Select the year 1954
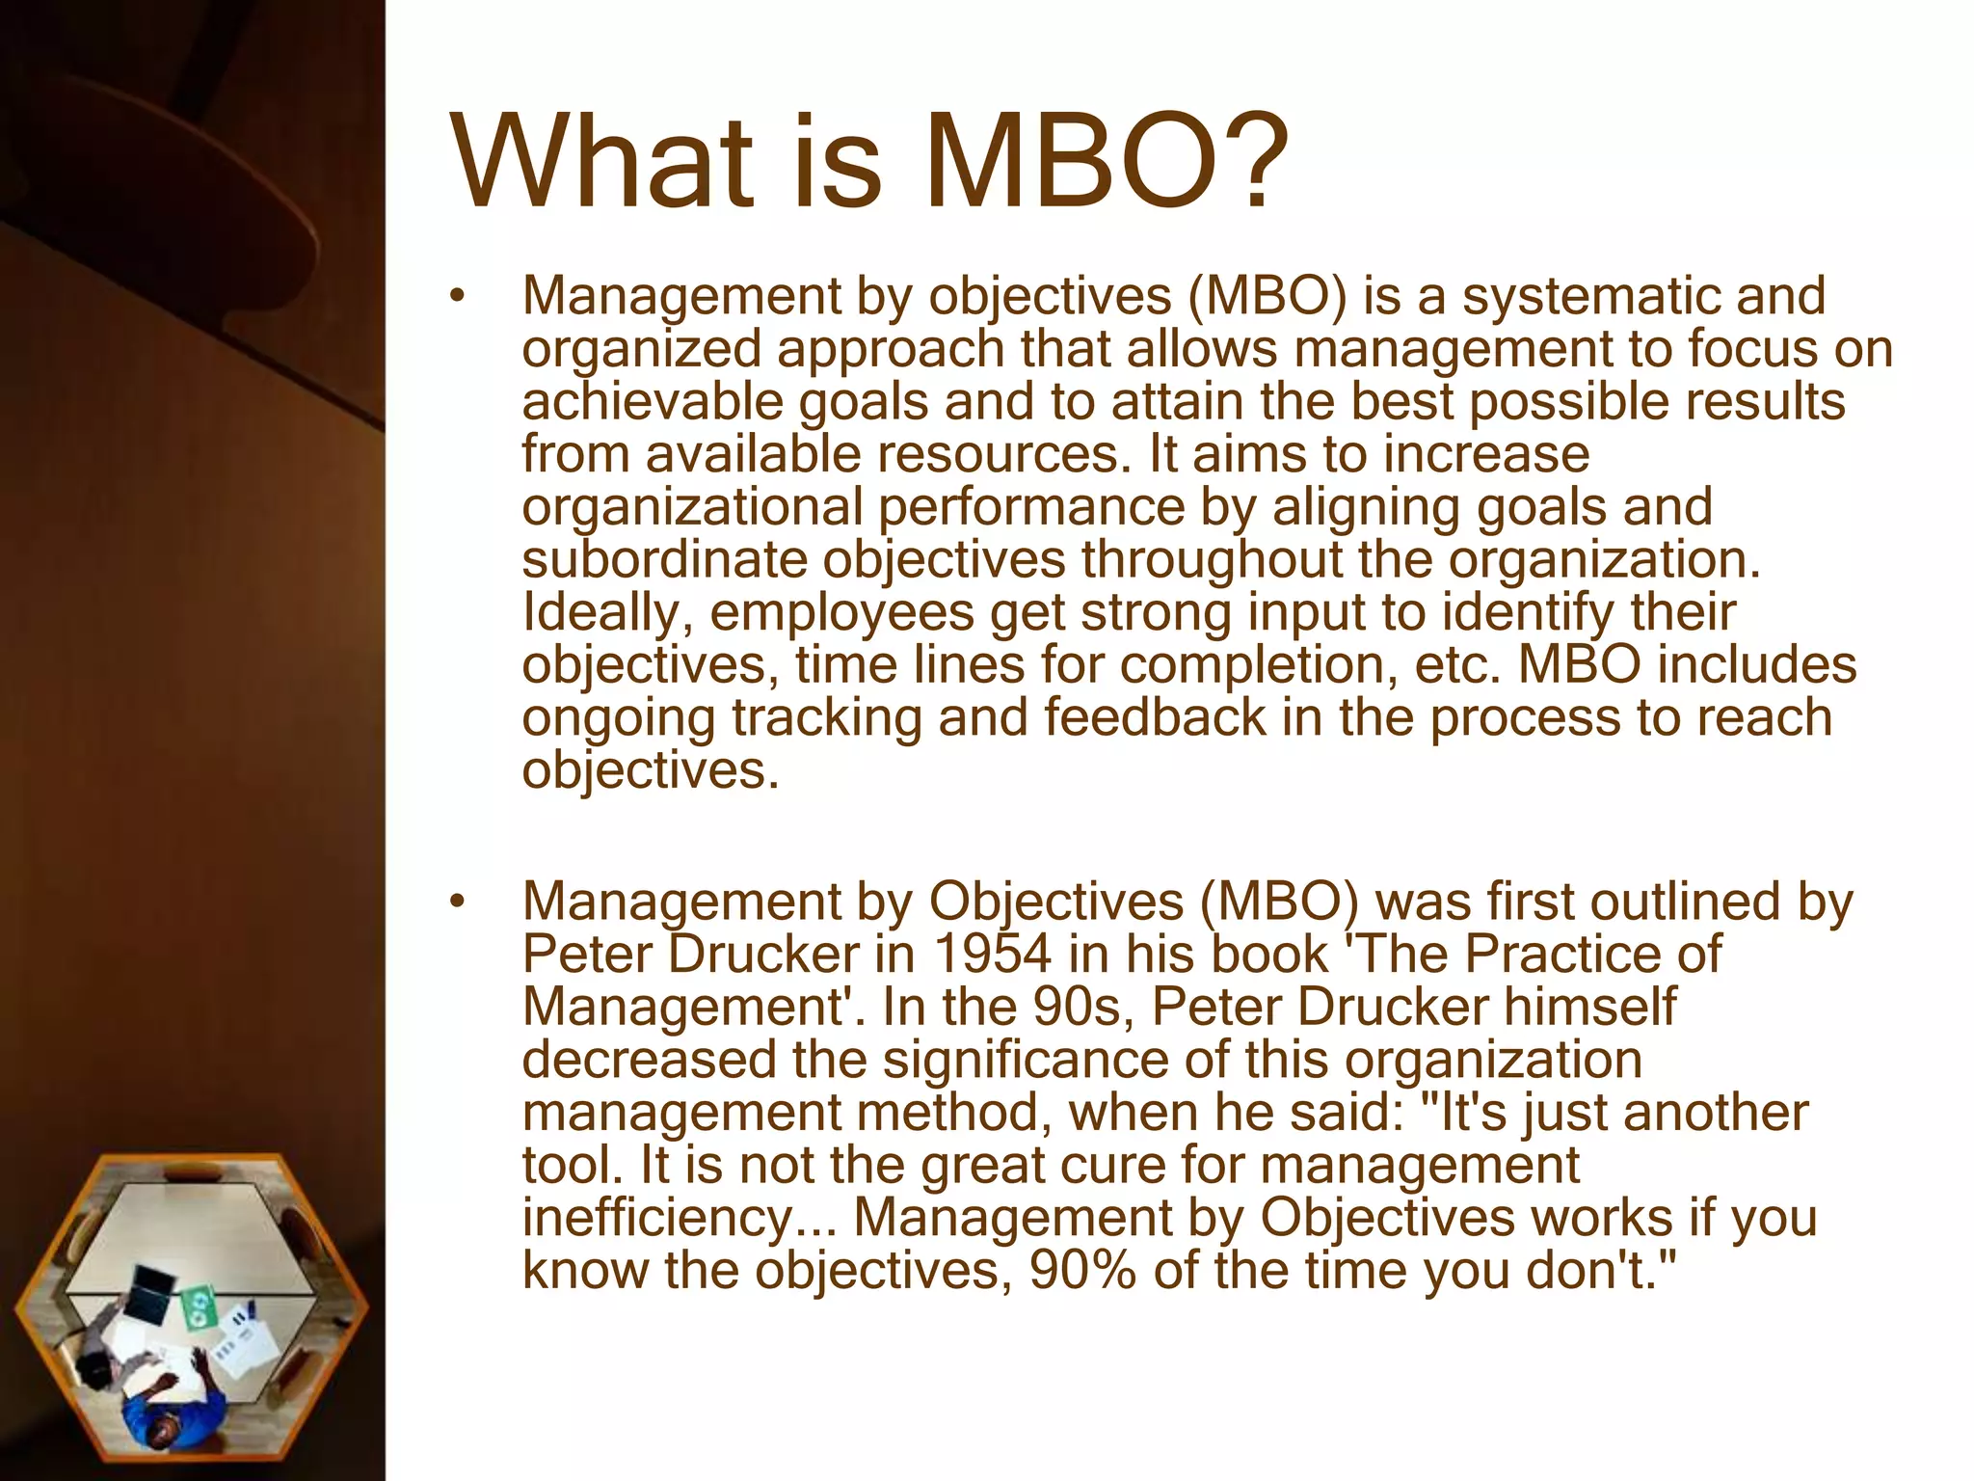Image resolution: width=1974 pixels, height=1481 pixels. (x=992, y=955)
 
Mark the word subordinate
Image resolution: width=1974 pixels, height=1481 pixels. (x=664, y=560)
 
